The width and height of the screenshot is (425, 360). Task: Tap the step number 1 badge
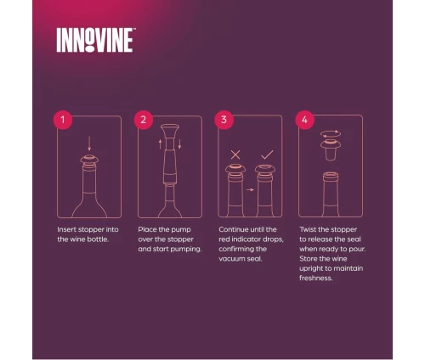61,120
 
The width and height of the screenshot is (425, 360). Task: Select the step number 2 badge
142,120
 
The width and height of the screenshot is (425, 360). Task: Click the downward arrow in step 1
90,144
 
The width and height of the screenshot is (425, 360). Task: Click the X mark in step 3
235,155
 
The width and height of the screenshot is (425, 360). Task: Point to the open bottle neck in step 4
331,180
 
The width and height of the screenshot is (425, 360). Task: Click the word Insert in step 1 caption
68,230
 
